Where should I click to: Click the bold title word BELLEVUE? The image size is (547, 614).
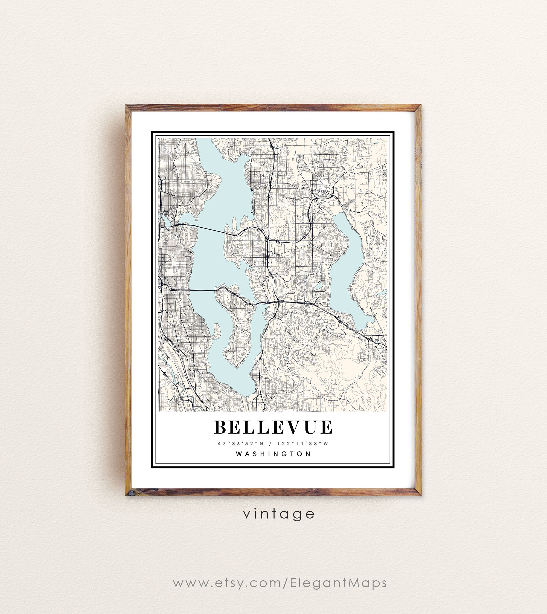point(273,427)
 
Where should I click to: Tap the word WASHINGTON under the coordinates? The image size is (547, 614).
point(273,454)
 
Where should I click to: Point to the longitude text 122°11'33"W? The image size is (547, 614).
point(303,444)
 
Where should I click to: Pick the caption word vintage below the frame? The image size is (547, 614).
point(279,514)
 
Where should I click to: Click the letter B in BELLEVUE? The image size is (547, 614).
point(220,427)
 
